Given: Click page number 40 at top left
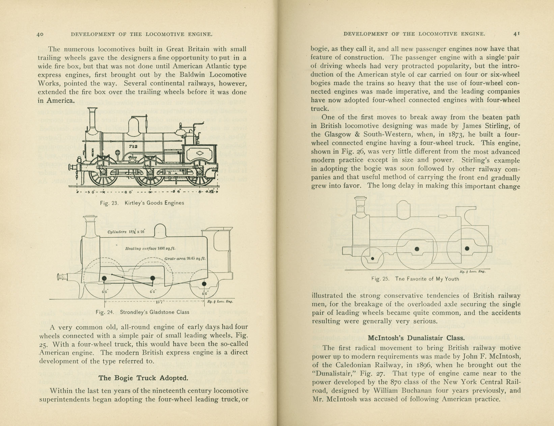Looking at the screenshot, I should (x=40, y=34).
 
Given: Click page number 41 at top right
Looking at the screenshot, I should (x=516, y=34).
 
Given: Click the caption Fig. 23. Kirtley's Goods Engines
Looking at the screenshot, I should (x=142, y=203).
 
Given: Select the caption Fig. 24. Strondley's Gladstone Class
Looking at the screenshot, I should (x=142, y=312).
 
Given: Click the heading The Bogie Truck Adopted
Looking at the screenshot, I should (x=143, y=378).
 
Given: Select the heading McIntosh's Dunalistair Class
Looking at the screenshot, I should (x=416, y=338).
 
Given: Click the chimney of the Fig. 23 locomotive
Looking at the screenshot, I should (x=92, y=120).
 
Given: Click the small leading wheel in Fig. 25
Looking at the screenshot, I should (x=372, y=259).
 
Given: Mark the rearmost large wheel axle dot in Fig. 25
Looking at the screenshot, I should (x=467, y=248).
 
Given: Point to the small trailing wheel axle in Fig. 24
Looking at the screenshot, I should (x=204, y=284).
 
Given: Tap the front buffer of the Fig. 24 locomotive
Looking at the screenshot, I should (x=62, y=277).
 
